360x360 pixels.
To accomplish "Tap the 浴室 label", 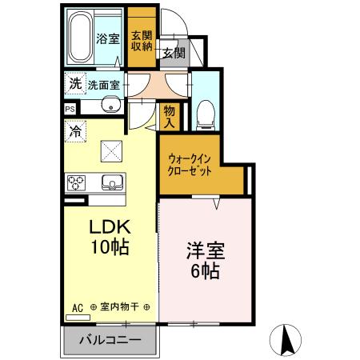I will click(109, 38).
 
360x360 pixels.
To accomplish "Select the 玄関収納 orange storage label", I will click(142, 40).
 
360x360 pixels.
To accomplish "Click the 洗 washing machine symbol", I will click(74, 82).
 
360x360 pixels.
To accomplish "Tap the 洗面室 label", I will click(104, 83).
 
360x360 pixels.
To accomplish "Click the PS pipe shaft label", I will click(70, 109).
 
